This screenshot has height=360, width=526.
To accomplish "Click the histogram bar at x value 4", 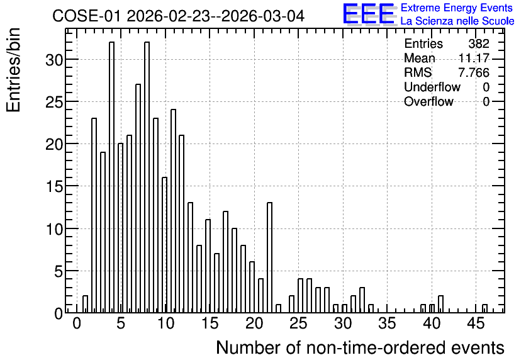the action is [112, 177].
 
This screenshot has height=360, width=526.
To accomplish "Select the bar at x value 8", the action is [147, 177].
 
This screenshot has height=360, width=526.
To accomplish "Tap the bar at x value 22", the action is [270, 257].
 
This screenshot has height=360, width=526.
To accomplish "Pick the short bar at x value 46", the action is [484, 308].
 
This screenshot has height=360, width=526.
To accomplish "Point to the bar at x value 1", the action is [85, 305].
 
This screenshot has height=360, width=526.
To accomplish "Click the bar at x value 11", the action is [174, 211].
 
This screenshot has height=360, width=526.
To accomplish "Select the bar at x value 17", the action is [226, 262].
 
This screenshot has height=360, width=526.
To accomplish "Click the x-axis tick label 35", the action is [387, 323].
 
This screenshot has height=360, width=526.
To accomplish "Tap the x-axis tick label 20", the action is [254, 323].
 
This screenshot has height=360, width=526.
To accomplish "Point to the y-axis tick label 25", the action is [54, 102].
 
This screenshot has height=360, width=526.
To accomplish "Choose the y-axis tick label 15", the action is [54, 186].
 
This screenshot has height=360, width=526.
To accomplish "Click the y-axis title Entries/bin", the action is [14, 70].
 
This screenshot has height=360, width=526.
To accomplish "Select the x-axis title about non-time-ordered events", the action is [360, 347].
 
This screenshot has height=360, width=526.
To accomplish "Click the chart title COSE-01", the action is [86, 16].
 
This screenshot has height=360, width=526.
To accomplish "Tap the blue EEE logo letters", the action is [369, 14].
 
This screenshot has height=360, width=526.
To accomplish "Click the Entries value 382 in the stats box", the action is [479, 43].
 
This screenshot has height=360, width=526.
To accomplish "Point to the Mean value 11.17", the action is [474, 58].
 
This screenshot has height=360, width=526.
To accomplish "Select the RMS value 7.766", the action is [474, 72].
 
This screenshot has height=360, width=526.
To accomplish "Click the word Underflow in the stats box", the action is [432, 87].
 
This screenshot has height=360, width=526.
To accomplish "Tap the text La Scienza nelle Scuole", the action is [457, 21].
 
